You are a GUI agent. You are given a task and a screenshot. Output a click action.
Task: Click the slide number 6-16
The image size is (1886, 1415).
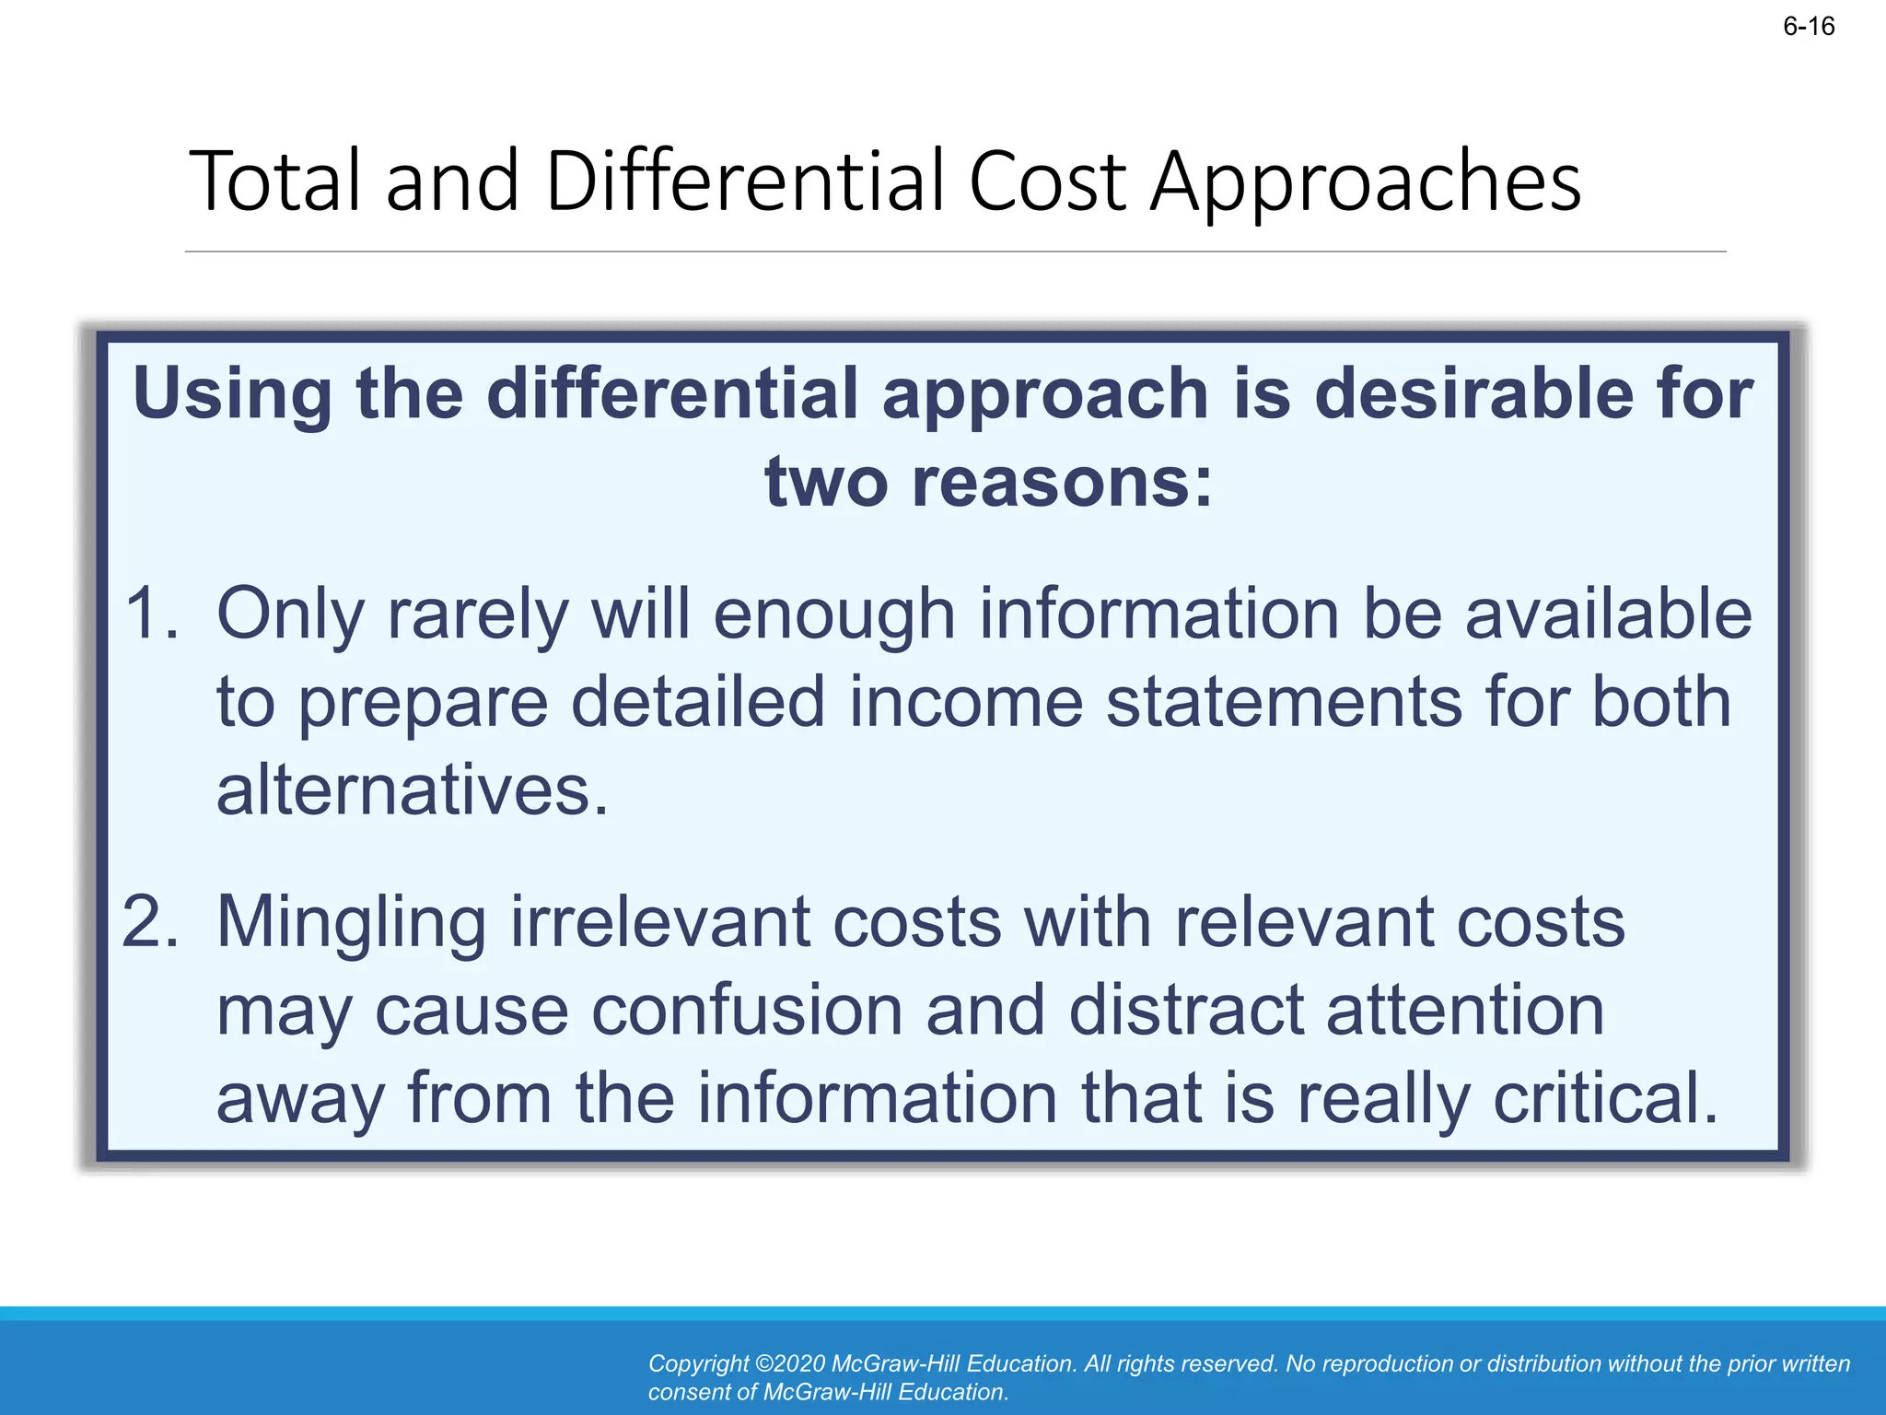pos(1809,27)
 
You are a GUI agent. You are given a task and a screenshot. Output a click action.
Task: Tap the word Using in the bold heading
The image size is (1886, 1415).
pos(232,393)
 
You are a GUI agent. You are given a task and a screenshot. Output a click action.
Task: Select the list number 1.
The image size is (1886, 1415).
pos(152,614)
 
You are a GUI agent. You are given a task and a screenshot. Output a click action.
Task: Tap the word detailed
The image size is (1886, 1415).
pos(698,702)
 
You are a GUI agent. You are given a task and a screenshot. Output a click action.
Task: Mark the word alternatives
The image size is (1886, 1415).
pos(412,790)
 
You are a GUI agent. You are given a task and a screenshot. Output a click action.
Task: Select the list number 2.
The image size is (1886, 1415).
pos(150,921)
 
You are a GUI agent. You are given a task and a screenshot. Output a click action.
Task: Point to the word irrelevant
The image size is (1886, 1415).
pos(660,921)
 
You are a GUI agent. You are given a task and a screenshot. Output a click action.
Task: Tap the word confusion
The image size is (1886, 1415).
pos(747,1010)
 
